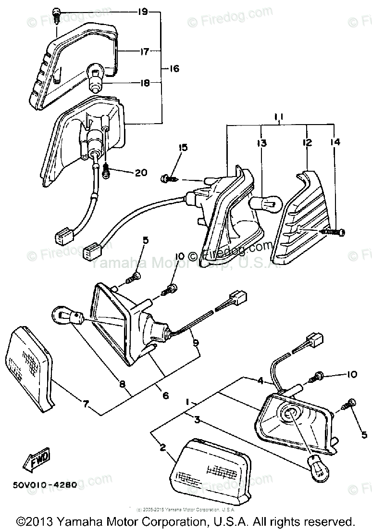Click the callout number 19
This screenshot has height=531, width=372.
(142, 11)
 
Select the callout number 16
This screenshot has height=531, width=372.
(174, 69)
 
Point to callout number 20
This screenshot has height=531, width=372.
(141, 173)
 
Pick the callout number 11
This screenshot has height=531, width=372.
(281, 117)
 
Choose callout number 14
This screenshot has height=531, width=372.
(335, 143)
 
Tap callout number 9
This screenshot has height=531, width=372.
(195, 343)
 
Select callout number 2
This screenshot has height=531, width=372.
(162, 448)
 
